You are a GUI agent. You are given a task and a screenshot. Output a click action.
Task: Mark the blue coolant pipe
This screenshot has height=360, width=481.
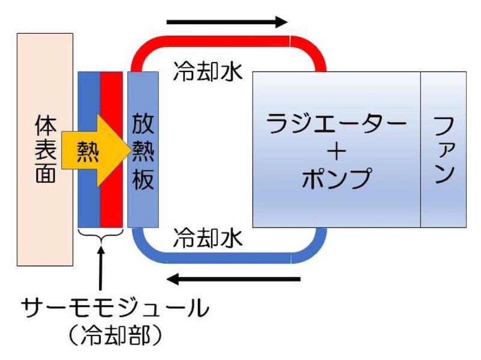point(228,258)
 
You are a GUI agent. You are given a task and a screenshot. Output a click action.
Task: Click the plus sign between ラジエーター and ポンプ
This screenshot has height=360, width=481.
point(337,151)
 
